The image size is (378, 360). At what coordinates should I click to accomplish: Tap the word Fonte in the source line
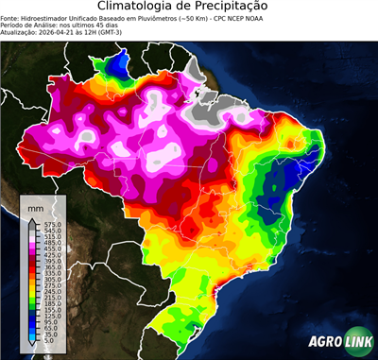[11, 17]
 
